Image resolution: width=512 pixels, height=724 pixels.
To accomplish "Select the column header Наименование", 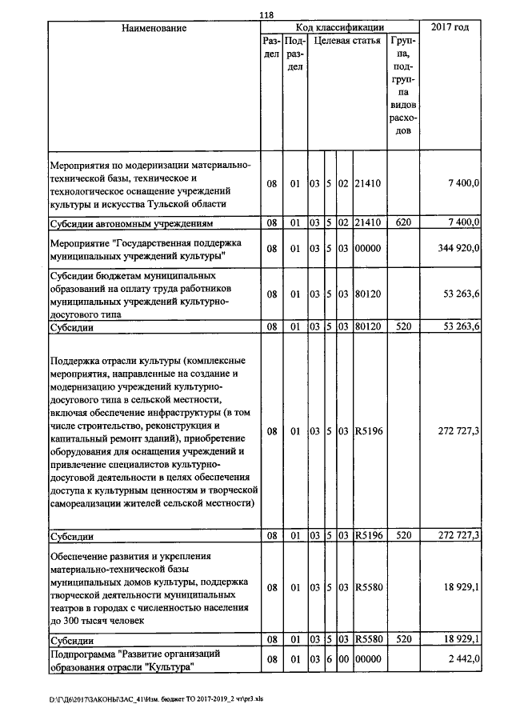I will click(154, 28).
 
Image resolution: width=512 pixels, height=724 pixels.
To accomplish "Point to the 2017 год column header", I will click(450, 28).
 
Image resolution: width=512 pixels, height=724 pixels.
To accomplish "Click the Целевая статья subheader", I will click(346, 40).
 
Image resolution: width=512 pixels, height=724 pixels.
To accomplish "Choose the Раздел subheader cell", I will click(271, 46).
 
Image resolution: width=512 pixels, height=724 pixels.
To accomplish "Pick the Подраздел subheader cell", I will click(294, 53).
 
